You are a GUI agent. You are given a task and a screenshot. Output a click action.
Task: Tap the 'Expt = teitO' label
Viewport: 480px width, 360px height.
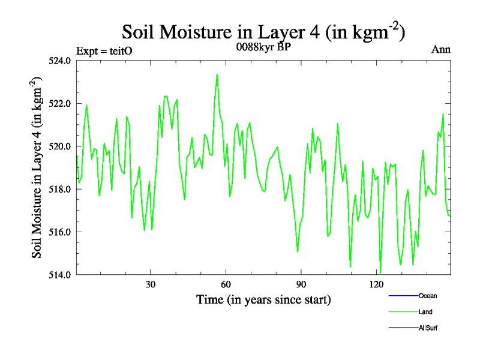pos(104,51)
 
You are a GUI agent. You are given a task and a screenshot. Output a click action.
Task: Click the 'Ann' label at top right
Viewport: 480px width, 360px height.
pos(441,49)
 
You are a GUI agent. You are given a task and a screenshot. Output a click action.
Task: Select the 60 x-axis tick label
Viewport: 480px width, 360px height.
pos(226,284)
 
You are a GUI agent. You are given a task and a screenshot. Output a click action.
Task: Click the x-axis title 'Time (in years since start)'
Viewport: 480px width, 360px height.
pos(263,299)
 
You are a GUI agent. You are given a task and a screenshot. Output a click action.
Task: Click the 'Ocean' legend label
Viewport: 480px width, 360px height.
pos(428,296)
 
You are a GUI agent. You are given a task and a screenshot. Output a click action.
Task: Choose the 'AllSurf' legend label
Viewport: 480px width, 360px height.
pos(428,328)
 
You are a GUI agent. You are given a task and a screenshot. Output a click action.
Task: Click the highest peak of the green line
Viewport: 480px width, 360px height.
pos(217,74)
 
